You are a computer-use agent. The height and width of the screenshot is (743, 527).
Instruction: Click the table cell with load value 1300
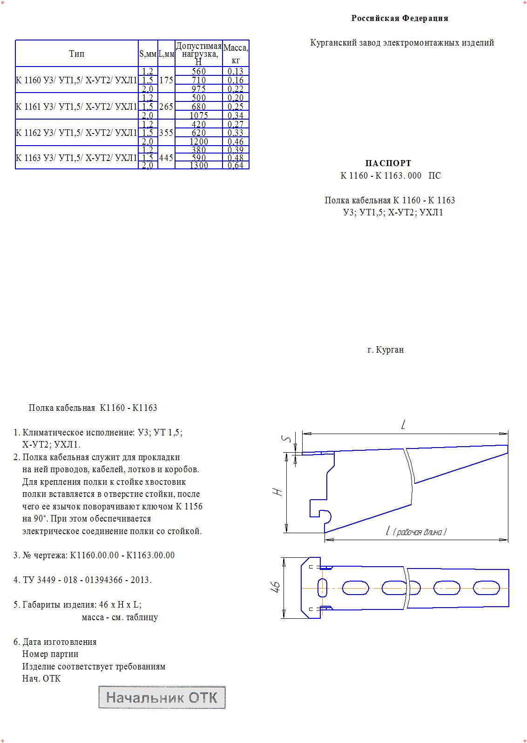[199, 165]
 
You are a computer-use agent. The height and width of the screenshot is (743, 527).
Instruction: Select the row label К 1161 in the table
[76, 107]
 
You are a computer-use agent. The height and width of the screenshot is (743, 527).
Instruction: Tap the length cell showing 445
[166, 158]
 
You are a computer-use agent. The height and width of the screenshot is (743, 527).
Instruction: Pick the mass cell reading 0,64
[236, 165]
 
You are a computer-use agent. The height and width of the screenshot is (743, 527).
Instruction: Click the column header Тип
[77, 54]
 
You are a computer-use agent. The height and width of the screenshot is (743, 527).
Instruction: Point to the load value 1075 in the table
[199, 115]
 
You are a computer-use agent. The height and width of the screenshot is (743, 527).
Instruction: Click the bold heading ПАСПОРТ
[388, 163]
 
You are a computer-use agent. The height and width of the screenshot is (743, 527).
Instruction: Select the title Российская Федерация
[399, 18]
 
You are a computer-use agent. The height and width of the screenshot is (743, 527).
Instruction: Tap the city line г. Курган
[385, 349]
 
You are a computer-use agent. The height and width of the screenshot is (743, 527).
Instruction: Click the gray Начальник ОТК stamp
[162, 697]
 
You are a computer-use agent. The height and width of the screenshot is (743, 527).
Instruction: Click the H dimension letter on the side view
[278, 492]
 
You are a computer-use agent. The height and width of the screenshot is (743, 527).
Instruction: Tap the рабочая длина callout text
[419, 532]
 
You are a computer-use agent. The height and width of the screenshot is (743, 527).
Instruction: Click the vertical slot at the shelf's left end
[322, 588]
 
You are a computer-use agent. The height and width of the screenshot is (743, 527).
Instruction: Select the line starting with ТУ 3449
[87, 580]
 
